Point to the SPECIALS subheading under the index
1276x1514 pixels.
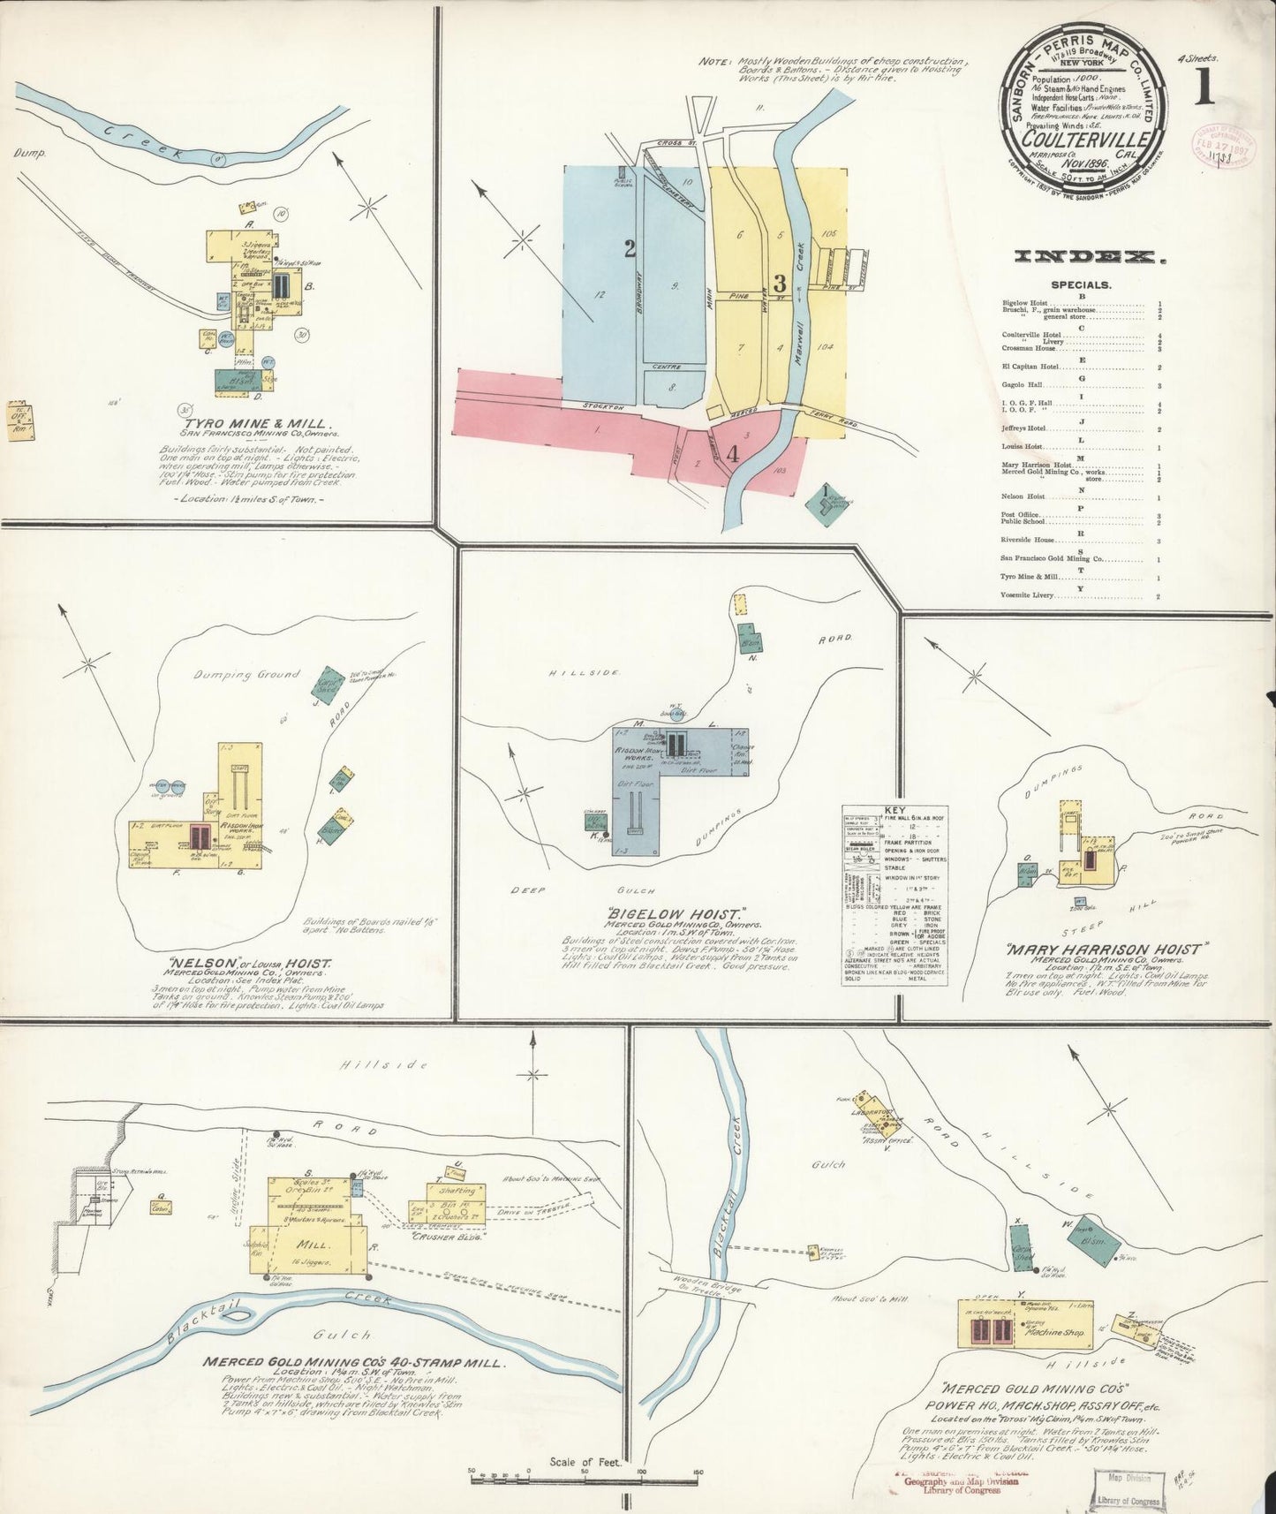[1081, 285]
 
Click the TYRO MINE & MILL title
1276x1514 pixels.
[256, 424]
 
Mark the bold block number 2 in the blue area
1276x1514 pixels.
[630, 250]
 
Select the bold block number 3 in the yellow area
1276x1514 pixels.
[779, 284]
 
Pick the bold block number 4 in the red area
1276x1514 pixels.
[731, 455]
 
